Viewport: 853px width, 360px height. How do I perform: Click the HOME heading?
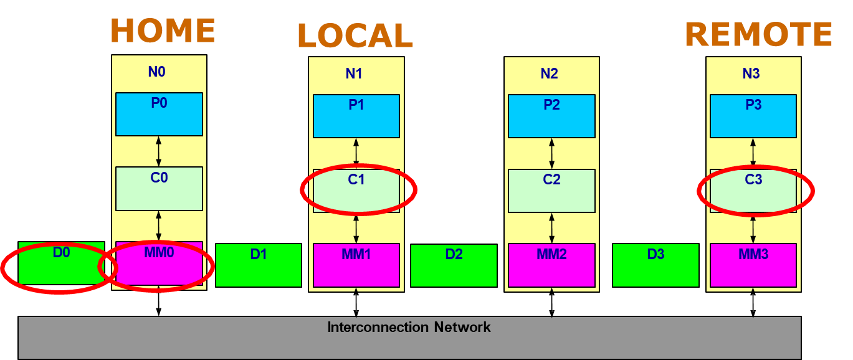coord(163,31)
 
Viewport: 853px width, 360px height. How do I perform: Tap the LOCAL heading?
coord(355,36)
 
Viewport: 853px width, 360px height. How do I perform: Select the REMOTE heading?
coord(758,34)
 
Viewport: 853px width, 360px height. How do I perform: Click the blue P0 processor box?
coord(159,114)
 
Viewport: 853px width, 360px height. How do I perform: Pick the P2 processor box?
coord(551,116)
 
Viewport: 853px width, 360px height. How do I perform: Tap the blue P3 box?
coord(753,116)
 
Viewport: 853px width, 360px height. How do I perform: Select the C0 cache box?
coord(159,188)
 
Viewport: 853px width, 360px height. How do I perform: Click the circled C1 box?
coord(356,191)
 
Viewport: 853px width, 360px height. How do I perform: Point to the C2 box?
coord(551,191)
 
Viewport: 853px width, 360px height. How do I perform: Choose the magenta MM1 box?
coord(356,265)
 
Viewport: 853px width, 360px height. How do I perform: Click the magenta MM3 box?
coord(753,265)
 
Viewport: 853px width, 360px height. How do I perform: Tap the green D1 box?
coord(259,265)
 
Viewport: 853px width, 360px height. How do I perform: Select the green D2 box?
coord(454,265)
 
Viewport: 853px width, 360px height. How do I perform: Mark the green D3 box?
coord(655,265)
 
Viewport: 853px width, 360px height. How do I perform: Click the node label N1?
coord(354,73)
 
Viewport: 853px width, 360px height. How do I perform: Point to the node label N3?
coord(751,73)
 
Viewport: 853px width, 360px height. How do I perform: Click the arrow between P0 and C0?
coord(158,151)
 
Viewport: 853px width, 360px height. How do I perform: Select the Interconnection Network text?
coord(409,327)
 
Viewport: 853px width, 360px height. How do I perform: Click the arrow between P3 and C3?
coord(753,153)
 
